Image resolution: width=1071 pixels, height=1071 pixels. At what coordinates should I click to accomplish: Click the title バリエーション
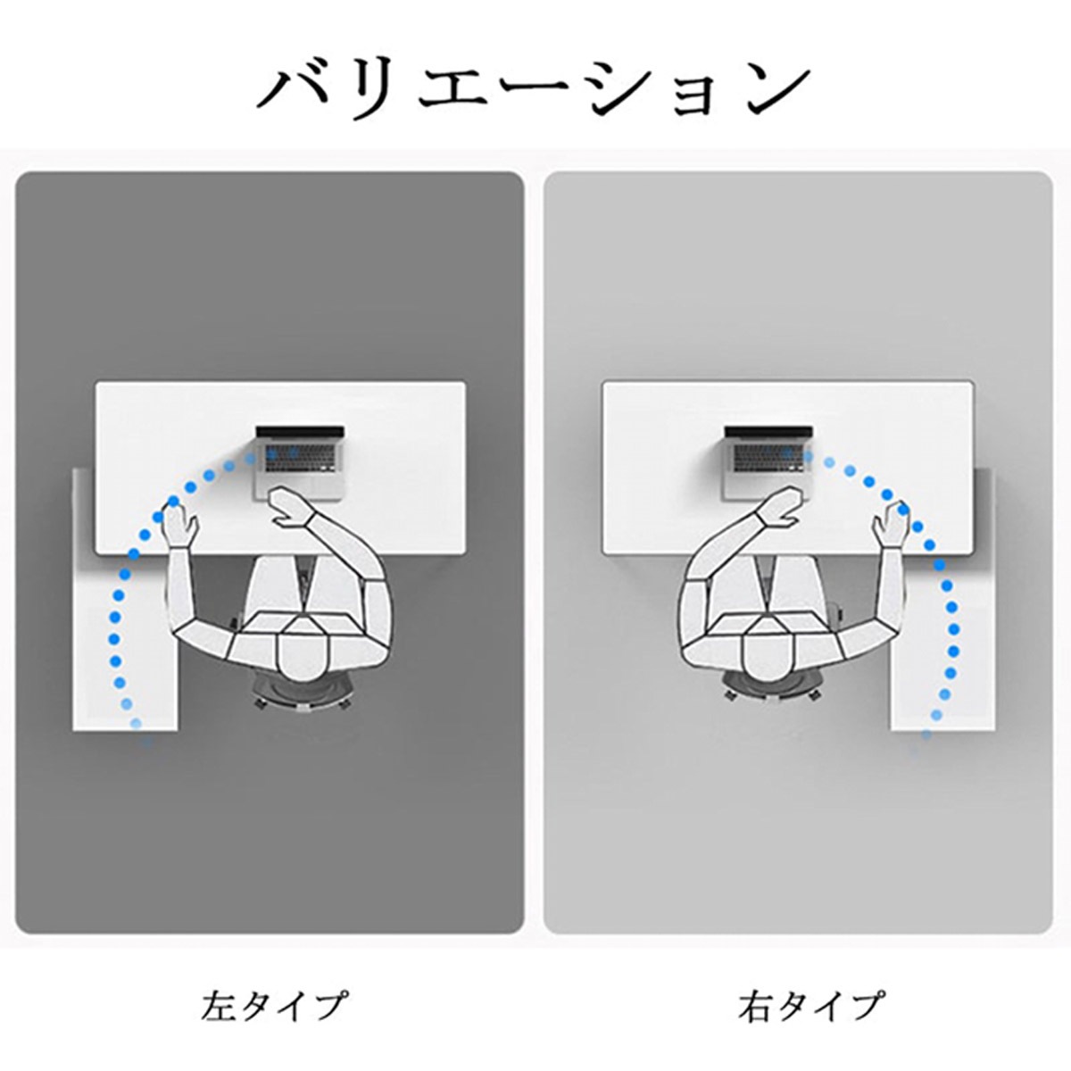[534, 89]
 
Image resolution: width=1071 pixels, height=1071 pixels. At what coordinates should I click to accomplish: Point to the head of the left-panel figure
[303, 657]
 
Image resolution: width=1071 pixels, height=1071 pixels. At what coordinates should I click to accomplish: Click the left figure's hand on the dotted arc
[180, 525]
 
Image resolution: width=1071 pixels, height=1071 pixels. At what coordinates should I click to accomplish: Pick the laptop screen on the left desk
[300, 432]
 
